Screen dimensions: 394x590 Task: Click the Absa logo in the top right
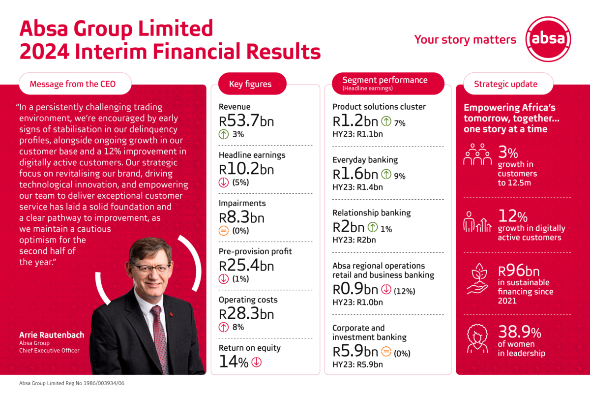coord(548,39)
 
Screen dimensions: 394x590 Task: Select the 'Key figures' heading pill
coord(250,84)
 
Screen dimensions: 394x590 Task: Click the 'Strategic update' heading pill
coord(505,84)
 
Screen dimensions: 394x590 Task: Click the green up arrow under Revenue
coord(225,134)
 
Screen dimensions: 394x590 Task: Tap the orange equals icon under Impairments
coord(225,231)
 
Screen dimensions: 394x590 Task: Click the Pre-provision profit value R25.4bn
coord(246,265)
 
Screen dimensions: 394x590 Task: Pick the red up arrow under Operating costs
coord(225,327)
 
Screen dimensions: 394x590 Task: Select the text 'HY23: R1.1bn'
coord(357,134)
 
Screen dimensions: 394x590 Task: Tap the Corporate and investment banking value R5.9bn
coord(355,352)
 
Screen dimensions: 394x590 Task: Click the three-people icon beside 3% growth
coord(477,155)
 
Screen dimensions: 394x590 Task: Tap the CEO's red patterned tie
coord(159,334)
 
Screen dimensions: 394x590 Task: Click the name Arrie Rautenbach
coord(52,335)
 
